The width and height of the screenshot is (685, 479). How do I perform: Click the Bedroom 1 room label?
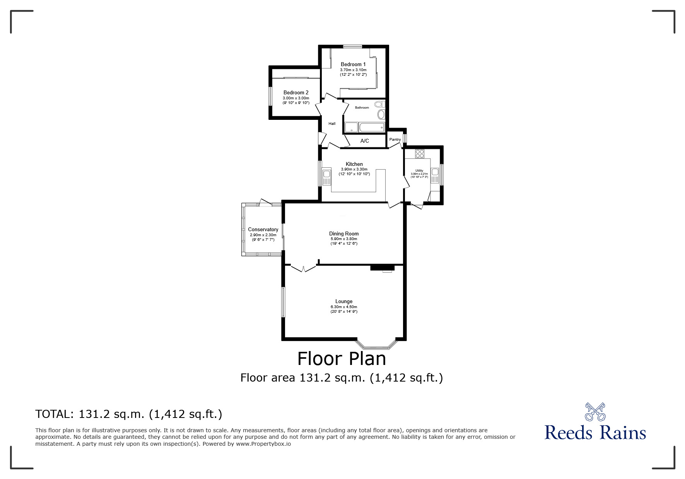pyautogui.click(x=353, y=64)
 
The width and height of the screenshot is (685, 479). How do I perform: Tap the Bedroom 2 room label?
pyautogui.click(x=296, y=92)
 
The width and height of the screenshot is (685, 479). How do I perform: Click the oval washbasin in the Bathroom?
pyautogui.click(x=381, y=114)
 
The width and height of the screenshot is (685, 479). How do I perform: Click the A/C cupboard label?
pyautogui.click(x=364, y=141)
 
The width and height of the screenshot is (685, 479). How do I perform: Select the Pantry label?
pyautogui.click(x=395, y=140)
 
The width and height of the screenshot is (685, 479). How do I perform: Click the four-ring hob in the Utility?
pyautogui.click(x=420, y=153)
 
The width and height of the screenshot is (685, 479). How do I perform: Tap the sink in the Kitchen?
pyautogui.click(x=326, y=177)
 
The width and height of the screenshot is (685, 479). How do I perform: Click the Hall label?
pyautogui.click(x=332, y=124)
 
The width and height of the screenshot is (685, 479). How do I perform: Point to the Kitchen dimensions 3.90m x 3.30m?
pyautogui.click(x=354, y=169)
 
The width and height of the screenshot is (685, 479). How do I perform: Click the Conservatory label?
pyautogui.click(x=263, y=229)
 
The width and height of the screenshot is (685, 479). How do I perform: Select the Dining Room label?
pyautogui.click(x=343, y=234)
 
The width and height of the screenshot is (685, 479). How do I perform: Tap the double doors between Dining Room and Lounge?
pyautogui.click(x=303, y=268)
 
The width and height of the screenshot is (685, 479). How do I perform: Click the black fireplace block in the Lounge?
pyautogui.click(x=382, y=268)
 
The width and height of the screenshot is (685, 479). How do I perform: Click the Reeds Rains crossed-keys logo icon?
pyautogui.click(x=595, y=412)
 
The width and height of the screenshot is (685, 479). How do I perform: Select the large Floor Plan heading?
pyautogui.click(x=342, y=359)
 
